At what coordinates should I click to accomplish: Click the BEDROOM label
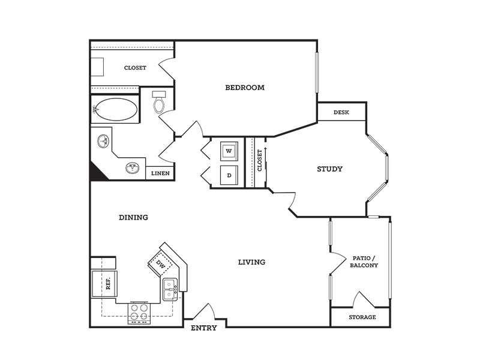point(245,88)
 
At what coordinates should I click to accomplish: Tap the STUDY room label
point(329,169)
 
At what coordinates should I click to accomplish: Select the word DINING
point(133,217)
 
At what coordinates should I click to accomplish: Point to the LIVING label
point(251,262)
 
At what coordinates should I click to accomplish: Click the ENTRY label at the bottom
point(204,328)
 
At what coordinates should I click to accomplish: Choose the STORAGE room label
point(362,317)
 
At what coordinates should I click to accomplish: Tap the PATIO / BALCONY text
point(364,262)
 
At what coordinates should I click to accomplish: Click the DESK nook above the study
point(341,112)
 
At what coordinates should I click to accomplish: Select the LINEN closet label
point(160,173)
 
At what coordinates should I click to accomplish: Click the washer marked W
point(229,151)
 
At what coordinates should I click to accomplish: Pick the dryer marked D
point(229,175)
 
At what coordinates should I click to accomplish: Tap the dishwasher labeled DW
point(160,263)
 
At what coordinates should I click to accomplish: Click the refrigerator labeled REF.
point(104,283)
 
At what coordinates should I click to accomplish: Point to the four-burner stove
point(139,313)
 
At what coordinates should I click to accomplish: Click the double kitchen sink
point(170,290)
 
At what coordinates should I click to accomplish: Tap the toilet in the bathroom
point(159,102)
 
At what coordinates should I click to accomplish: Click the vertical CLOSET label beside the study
point(260,160)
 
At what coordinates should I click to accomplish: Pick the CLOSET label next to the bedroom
point(135,68)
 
